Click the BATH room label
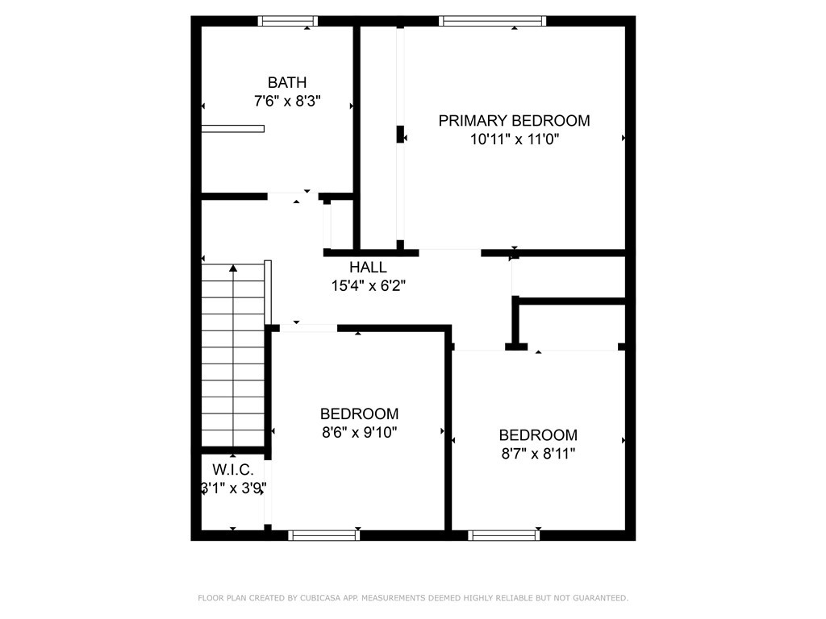(x=287, y=83)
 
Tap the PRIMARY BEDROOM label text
(x=514, y=121)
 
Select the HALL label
(x=368, y=268)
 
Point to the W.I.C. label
(x=233, y=470)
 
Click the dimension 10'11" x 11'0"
(x=515, y=139)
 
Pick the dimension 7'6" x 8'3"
(x=288, y=101)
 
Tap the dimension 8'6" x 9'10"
(x=359, y=433)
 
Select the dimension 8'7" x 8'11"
(x=538, y=454)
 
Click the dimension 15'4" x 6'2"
(x=368, y=286)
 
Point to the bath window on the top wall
(x=288, y=21)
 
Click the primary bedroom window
(x=493, y=21)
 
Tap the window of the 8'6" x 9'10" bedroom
(x=324, y=535)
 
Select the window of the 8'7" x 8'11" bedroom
(x=503, y=535)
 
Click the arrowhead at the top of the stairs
(x=233, y=268)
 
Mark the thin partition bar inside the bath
(x=233, y=128)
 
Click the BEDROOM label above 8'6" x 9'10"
(x=359, y=413)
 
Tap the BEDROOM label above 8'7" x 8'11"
(x=538, y=435)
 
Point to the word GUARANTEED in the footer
(x=600, y=598)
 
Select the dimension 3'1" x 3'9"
(x=233, y=488)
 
